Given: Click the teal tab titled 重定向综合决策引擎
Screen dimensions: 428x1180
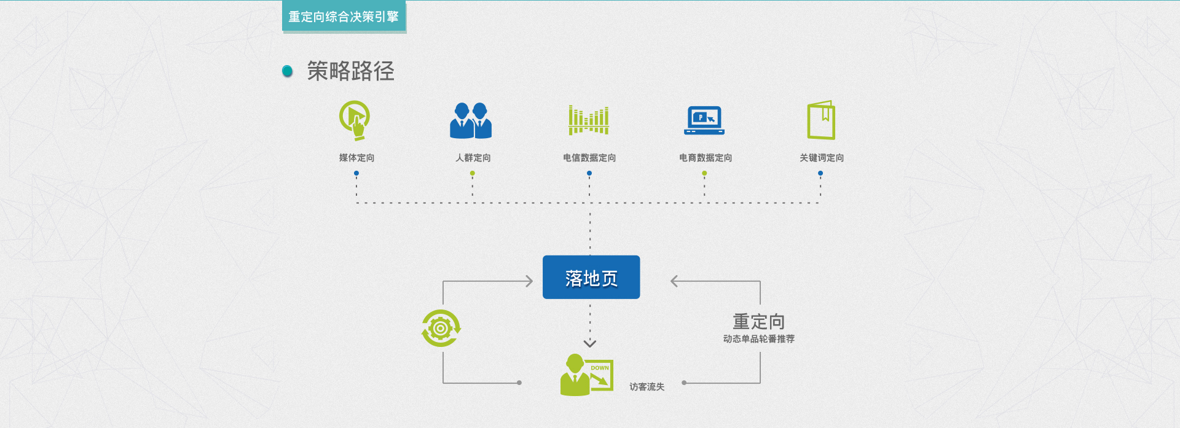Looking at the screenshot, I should [x=344, y=17].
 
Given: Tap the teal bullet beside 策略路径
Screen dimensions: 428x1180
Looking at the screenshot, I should [x=287, y=71].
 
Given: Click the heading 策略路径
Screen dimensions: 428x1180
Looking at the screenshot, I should [x=350, y=71].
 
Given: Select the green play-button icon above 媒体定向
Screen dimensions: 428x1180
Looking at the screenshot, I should [x=355, y=120].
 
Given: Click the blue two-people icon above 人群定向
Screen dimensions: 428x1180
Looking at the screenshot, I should [x=471, y=120].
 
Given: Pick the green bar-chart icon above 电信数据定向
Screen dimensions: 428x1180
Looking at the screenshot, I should [x=589, y=120].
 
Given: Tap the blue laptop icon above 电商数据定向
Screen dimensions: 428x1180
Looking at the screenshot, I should [x=704, y=120].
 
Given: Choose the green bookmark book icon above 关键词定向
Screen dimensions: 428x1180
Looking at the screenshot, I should [x=821, y=120].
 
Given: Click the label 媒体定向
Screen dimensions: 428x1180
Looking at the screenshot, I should [x=356, y=158].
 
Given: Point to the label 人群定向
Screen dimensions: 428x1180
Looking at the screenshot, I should [x=473, y=158].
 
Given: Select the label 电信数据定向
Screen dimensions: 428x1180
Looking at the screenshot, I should [x=589, y=158].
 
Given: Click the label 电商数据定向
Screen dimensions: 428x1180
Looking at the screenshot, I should [x=706, y=158].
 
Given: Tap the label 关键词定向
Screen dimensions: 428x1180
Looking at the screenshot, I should [x=822, y=158].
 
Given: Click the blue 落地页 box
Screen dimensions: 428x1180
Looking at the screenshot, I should [x=591, y=278].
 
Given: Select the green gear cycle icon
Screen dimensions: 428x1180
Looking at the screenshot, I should [x=441, y=328].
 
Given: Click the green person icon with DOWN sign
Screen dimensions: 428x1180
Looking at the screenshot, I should [x=586, y=375].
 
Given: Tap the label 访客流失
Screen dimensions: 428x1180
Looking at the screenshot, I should [x=647, y=387].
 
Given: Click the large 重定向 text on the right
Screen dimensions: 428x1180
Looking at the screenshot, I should [x=758, y=321].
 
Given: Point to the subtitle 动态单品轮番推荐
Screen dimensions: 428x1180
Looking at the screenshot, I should [x=758, y=339].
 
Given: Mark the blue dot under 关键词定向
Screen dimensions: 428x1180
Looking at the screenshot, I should [x=820, y=173].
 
